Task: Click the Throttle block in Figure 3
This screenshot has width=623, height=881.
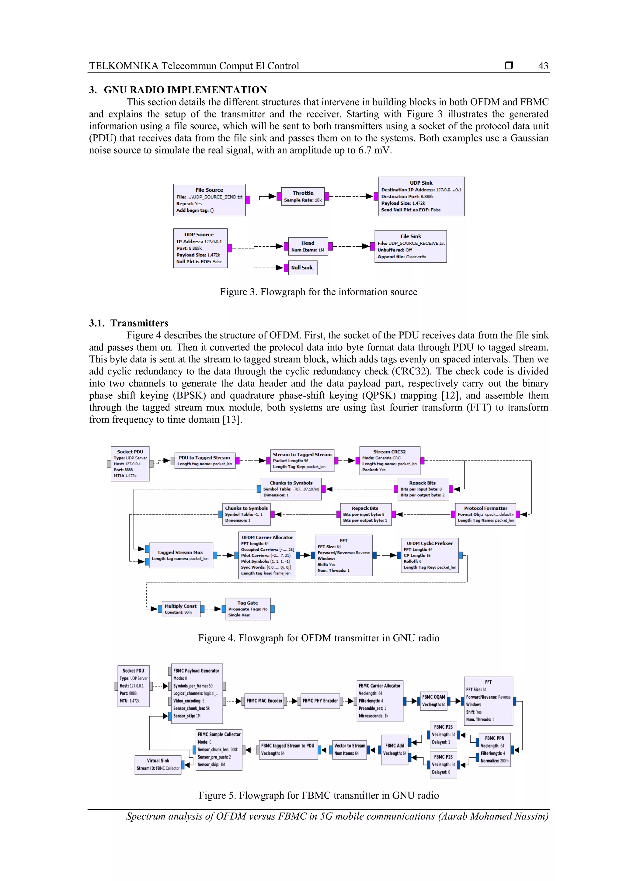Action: (x=303, y=196)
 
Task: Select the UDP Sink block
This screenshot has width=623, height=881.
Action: (x=421, y=196)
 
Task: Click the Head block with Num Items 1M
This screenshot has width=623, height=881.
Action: (x=308, y=246)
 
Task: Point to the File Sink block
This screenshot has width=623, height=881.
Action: (x=410, y=246)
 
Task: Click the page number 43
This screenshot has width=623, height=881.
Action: (x=543, y=66)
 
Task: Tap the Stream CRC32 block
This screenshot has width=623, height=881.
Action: (x=389, y=460)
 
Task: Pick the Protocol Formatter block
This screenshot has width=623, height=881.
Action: (x=485, y=514)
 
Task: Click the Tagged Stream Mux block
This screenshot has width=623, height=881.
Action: (x=180, y=555)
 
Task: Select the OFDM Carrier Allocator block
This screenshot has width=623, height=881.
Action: (x=267, y=555)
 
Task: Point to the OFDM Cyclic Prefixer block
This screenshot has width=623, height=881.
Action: (x=430, y=555)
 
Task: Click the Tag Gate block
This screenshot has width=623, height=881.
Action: (x=248, y=609)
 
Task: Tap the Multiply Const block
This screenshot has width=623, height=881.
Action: (x=180, y=609)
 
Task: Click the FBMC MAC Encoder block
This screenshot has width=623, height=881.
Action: (x=264, y=701)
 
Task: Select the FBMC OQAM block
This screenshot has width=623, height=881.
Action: (x=433, y=701)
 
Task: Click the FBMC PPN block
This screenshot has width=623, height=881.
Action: (x=494, y=749)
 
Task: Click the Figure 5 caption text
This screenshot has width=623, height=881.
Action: (x=318, y=796)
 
